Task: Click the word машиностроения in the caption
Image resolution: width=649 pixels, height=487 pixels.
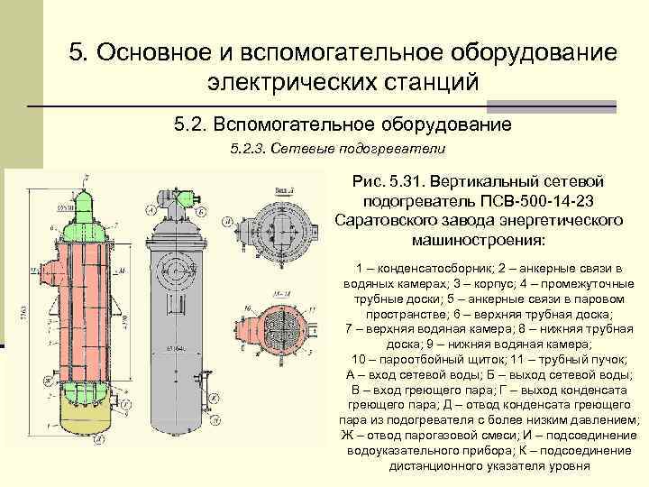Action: click(479, 239)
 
